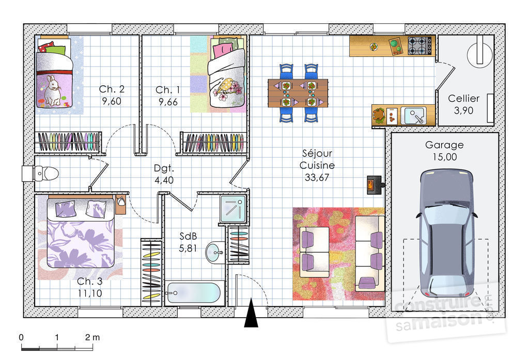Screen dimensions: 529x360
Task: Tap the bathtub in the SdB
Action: (x=193, y=293)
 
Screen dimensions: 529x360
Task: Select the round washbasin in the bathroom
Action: (x=214, y=252)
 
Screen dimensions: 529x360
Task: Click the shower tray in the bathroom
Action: (x=233, y=209)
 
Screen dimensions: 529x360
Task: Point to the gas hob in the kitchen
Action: (x=420, y=46)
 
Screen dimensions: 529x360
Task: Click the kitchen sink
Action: (x=415, y=116)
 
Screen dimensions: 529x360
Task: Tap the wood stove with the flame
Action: (x=375, y=185)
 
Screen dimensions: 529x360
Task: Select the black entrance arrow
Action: (x=251, y=313)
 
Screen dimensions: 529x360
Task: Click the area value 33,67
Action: (x=317, y=177)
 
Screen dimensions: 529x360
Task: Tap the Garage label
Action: (x=444, y=145)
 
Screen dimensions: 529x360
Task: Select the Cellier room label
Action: (x=463, y=98)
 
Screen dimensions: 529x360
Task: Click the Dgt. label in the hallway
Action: (x=164, y=168)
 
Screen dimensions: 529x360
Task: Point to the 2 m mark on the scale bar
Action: (x=92, y=337)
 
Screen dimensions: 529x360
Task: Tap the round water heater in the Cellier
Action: (x=479, y=55)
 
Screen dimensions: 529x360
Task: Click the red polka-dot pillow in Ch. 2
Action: (x=46, y=47)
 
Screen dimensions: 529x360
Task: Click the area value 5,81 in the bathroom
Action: (x=188, y=248)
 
